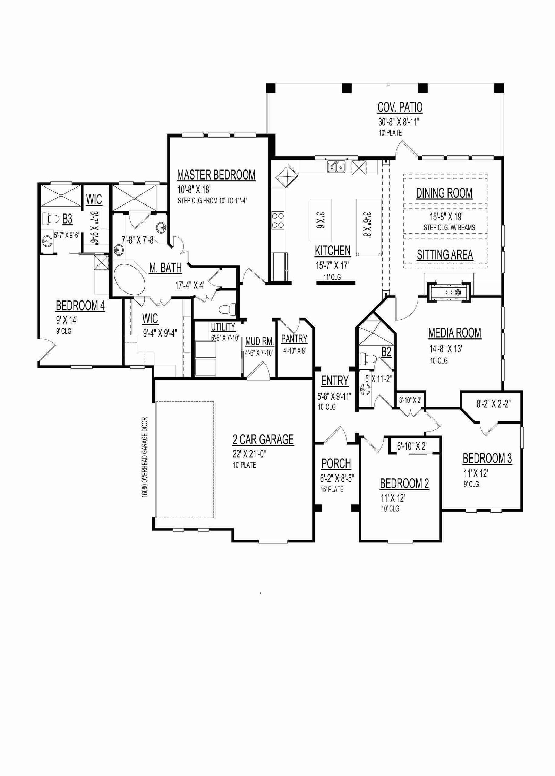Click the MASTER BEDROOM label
click(216, 175)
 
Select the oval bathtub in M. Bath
click(130, 280)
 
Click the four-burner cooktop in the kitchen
click(278, 220)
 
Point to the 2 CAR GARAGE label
click(263, 439)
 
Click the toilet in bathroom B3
click(51, 219)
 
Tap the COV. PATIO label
click(400, 107)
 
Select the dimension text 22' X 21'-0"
click(249, 454)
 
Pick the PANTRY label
click(294, 338)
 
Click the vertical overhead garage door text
click(145, 457)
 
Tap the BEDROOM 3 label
click(487, 458)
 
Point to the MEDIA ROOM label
click(454, 333)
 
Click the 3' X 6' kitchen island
click(321, 220)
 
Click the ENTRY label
click(334, 381)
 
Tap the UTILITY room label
click(223, 327)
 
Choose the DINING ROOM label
click(444, 193)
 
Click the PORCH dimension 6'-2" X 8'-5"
click(336, 479)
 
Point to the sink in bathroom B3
click(48, 241)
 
